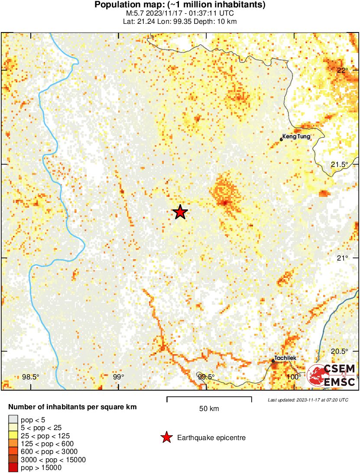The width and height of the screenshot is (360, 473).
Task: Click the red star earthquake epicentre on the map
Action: point(180,212)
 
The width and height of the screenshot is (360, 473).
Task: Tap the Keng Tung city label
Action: point(296,137)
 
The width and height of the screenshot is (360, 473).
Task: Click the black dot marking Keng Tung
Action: point(281,140)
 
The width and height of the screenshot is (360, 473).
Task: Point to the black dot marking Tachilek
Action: point(273,361)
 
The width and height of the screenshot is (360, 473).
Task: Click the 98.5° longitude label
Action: point(30,377)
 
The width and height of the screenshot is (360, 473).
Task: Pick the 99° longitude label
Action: point(119,377)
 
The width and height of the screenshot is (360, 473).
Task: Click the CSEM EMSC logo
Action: point(331,375)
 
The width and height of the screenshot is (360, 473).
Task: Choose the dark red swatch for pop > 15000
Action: point(13,467)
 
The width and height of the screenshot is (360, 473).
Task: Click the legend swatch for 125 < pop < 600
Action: point(13,444)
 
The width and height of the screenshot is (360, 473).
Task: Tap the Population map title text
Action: point(180,5)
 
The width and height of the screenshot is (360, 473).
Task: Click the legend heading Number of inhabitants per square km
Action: point(73,407)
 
